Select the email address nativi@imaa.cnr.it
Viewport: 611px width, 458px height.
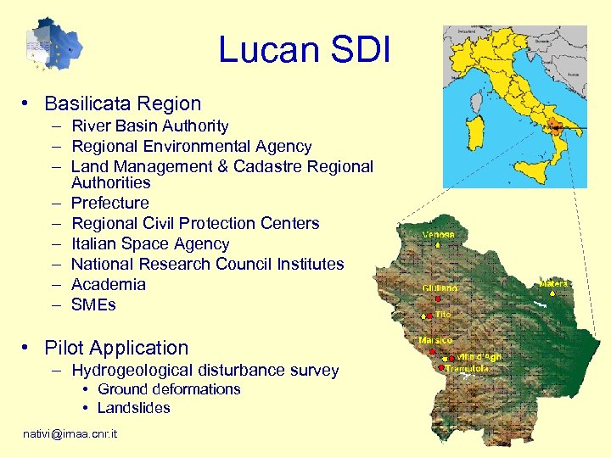point(70,434)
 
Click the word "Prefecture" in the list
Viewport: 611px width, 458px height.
point(109,203)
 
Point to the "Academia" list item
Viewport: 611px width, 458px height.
point(108,284)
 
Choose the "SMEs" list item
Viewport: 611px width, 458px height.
point(93,304)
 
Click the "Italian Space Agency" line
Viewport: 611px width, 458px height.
point(150,243)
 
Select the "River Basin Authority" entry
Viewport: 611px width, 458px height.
point(149,126)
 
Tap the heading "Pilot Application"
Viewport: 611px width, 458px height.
point(116,348)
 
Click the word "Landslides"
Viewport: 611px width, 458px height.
point(133,408)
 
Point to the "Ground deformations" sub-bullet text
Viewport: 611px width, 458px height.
point(169,389)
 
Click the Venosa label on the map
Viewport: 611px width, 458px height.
point(439,234)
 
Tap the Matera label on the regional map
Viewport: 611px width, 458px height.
point(553,283)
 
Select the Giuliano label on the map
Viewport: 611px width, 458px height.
point(440,288)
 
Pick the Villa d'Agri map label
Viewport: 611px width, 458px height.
point(479,357)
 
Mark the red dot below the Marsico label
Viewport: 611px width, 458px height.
point(438,350)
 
